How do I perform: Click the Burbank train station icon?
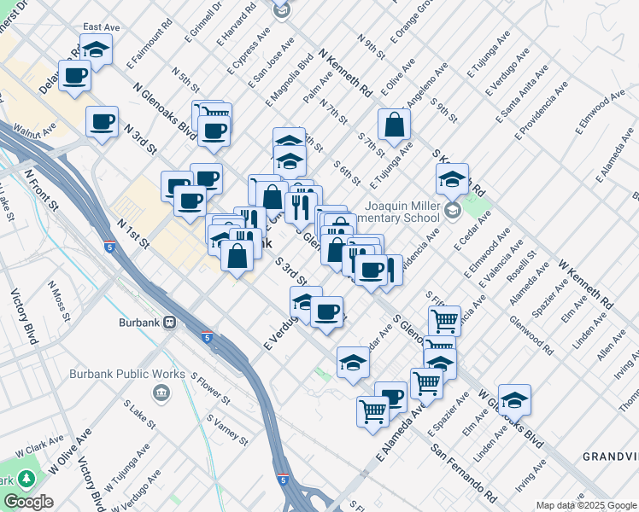170,323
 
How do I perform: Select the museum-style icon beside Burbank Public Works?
161,392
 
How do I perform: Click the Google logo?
28,502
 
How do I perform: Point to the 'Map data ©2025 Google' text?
586,505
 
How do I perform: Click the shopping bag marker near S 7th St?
395,125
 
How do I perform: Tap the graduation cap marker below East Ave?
97,49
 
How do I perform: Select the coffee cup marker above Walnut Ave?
103,120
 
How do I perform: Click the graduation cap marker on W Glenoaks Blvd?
515,399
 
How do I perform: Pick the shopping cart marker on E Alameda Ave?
373,411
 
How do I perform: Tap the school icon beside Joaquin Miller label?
452,209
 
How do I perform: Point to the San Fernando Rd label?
465,472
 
